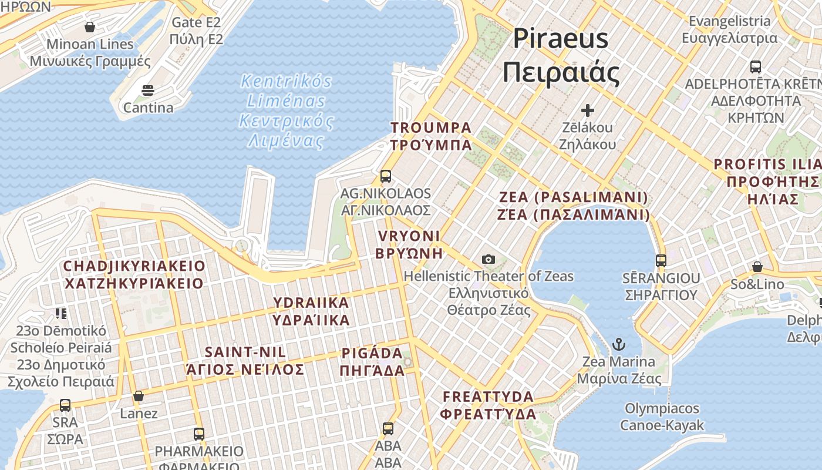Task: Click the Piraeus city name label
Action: [561, 56]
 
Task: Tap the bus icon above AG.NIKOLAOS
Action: [386, 176]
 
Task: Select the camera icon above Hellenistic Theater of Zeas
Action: [488, 259]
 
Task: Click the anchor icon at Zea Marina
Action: [618, 344]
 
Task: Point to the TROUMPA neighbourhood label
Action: [432, 136]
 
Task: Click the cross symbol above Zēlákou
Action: [587, 110]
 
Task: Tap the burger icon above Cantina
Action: [147, 90]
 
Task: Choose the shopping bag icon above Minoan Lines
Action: [90, 27]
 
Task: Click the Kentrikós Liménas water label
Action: [286, 110]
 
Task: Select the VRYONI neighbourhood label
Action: [409, 244]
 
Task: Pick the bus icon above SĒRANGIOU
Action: [661, 260]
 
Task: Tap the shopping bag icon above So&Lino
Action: [757, 267]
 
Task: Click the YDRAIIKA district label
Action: [311, 311]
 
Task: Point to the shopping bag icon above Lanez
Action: [139, 397]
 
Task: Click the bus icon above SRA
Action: [65, 405]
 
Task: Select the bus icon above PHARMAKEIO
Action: [199, 434]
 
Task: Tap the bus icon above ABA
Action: [388, 429]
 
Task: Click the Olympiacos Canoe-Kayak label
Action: [662, 417]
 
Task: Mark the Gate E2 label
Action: [196, 31]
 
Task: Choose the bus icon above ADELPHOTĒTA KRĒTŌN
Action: [756, 66]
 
